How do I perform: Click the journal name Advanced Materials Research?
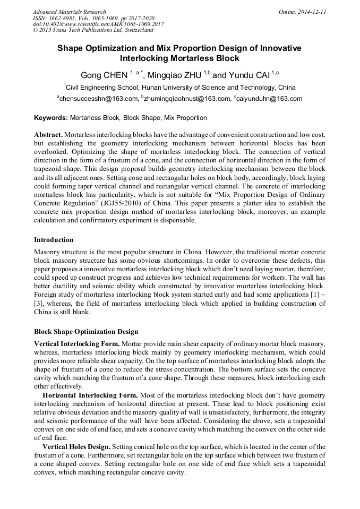click(x=69, y=12)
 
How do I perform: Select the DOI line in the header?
click(x=98, y=24)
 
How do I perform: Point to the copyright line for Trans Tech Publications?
click(x=93, y=31)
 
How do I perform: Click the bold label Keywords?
click(x=51, y=118)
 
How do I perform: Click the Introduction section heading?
click(x=54, y=240)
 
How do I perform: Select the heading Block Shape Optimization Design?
click(x=86, y=332)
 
